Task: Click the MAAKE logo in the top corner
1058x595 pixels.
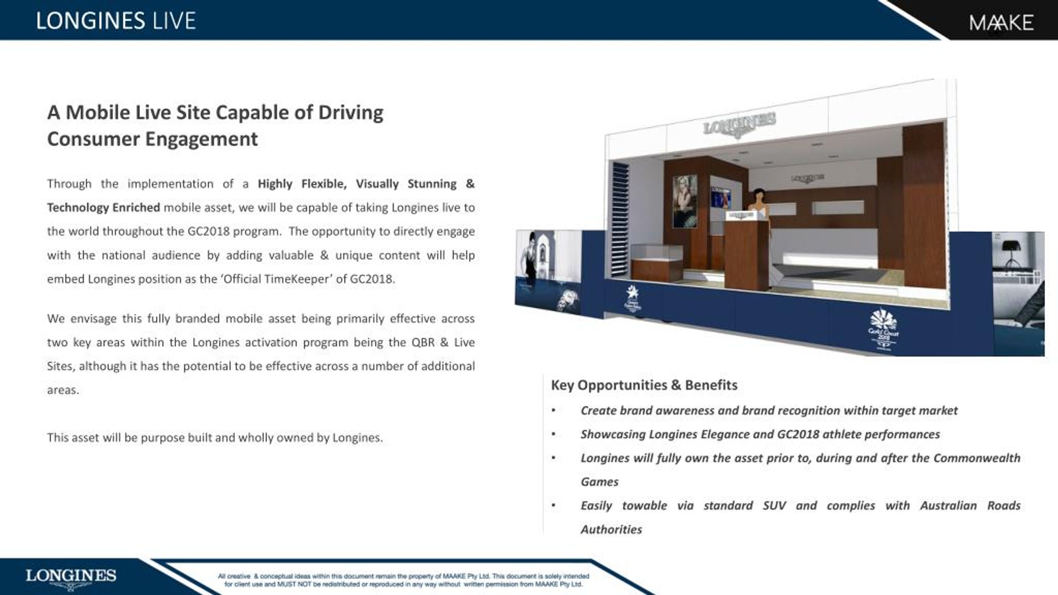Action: point(1001,23)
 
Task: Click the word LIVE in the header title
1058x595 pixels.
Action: point(174,21)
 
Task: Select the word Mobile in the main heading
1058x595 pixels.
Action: point(98,112)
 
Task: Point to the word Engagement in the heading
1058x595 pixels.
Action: point(201,139)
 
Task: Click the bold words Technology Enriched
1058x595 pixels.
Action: point(103,207)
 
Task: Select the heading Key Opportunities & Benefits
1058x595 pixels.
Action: point(644,385)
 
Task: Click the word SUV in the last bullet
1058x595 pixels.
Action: point(774,506)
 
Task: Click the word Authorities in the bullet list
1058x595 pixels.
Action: point(611,530)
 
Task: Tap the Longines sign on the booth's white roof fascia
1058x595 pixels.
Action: point(739,124)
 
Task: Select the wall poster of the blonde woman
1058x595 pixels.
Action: point(685,201)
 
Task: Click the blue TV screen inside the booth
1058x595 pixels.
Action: point(721,198)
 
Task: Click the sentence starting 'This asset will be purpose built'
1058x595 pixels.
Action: point(215,438)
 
